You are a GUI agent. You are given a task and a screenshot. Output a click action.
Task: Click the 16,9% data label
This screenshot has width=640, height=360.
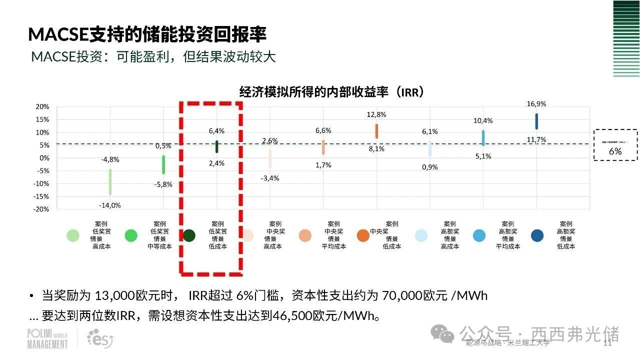(x=536, y=104)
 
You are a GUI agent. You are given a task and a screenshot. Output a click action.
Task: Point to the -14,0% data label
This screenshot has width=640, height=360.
(x=110, y=205)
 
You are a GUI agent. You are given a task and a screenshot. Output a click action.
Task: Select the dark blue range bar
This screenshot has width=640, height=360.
(x=536, y=121)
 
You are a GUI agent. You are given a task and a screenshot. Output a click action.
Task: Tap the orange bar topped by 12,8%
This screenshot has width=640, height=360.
(x=376, y=131)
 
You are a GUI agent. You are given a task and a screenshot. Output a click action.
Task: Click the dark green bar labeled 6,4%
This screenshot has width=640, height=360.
(x=216, y=146)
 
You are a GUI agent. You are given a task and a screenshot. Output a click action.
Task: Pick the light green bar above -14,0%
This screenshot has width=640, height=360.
(x=110, y=182)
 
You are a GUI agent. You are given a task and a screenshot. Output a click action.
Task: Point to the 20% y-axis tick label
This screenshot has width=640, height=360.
(x=42, y=106)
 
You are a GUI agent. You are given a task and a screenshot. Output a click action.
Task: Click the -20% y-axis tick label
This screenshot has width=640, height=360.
(x=41, y=209)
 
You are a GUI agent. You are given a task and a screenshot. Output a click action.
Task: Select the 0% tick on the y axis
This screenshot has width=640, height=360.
(x=44, y=158)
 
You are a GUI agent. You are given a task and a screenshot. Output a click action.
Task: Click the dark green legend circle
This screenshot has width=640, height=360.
(x=189, y=235)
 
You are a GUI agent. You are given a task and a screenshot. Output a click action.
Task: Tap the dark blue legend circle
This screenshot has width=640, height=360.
(x=538, y=235)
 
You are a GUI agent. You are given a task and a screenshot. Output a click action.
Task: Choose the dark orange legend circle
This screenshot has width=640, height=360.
(x=363, y=235)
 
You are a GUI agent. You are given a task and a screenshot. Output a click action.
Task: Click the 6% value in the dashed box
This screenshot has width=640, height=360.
(x=615, y=151)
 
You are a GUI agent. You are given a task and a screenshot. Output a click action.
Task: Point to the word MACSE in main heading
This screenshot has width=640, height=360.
(x=58, y=34)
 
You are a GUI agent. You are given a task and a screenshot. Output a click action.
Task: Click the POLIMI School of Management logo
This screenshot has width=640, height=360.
(x=47, y=338)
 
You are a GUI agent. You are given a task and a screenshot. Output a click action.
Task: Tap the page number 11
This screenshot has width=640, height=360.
(x=608, y=343)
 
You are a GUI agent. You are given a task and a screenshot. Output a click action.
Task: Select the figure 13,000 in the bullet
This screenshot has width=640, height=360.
(x=114, y=295)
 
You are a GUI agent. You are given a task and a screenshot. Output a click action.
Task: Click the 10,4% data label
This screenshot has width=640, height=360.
(x=483, y=120)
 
